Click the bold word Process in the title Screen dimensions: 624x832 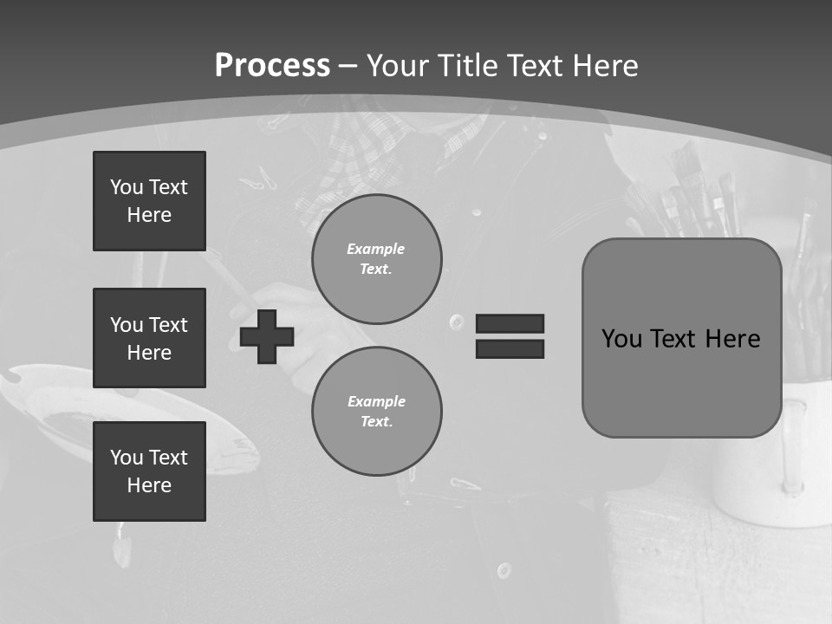[x=272, y=65]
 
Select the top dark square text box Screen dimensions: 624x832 [x=149, y=201]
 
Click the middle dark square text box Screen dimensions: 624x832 [x=149, y=338]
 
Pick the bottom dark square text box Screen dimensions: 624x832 [x=149, y=471]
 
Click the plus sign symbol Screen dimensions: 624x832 [x=267, y=336]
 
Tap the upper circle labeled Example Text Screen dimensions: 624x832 [x=376, y=259]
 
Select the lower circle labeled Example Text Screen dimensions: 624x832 [x=376, y=412]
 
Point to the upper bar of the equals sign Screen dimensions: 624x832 [x=510, y=323]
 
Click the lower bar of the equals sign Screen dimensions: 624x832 [x=510, y=348]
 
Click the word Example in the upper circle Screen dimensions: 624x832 [x=375, y=249]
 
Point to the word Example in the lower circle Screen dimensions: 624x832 [x=376, y=401]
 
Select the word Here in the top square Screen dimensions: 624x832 [x=149, y=215]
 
